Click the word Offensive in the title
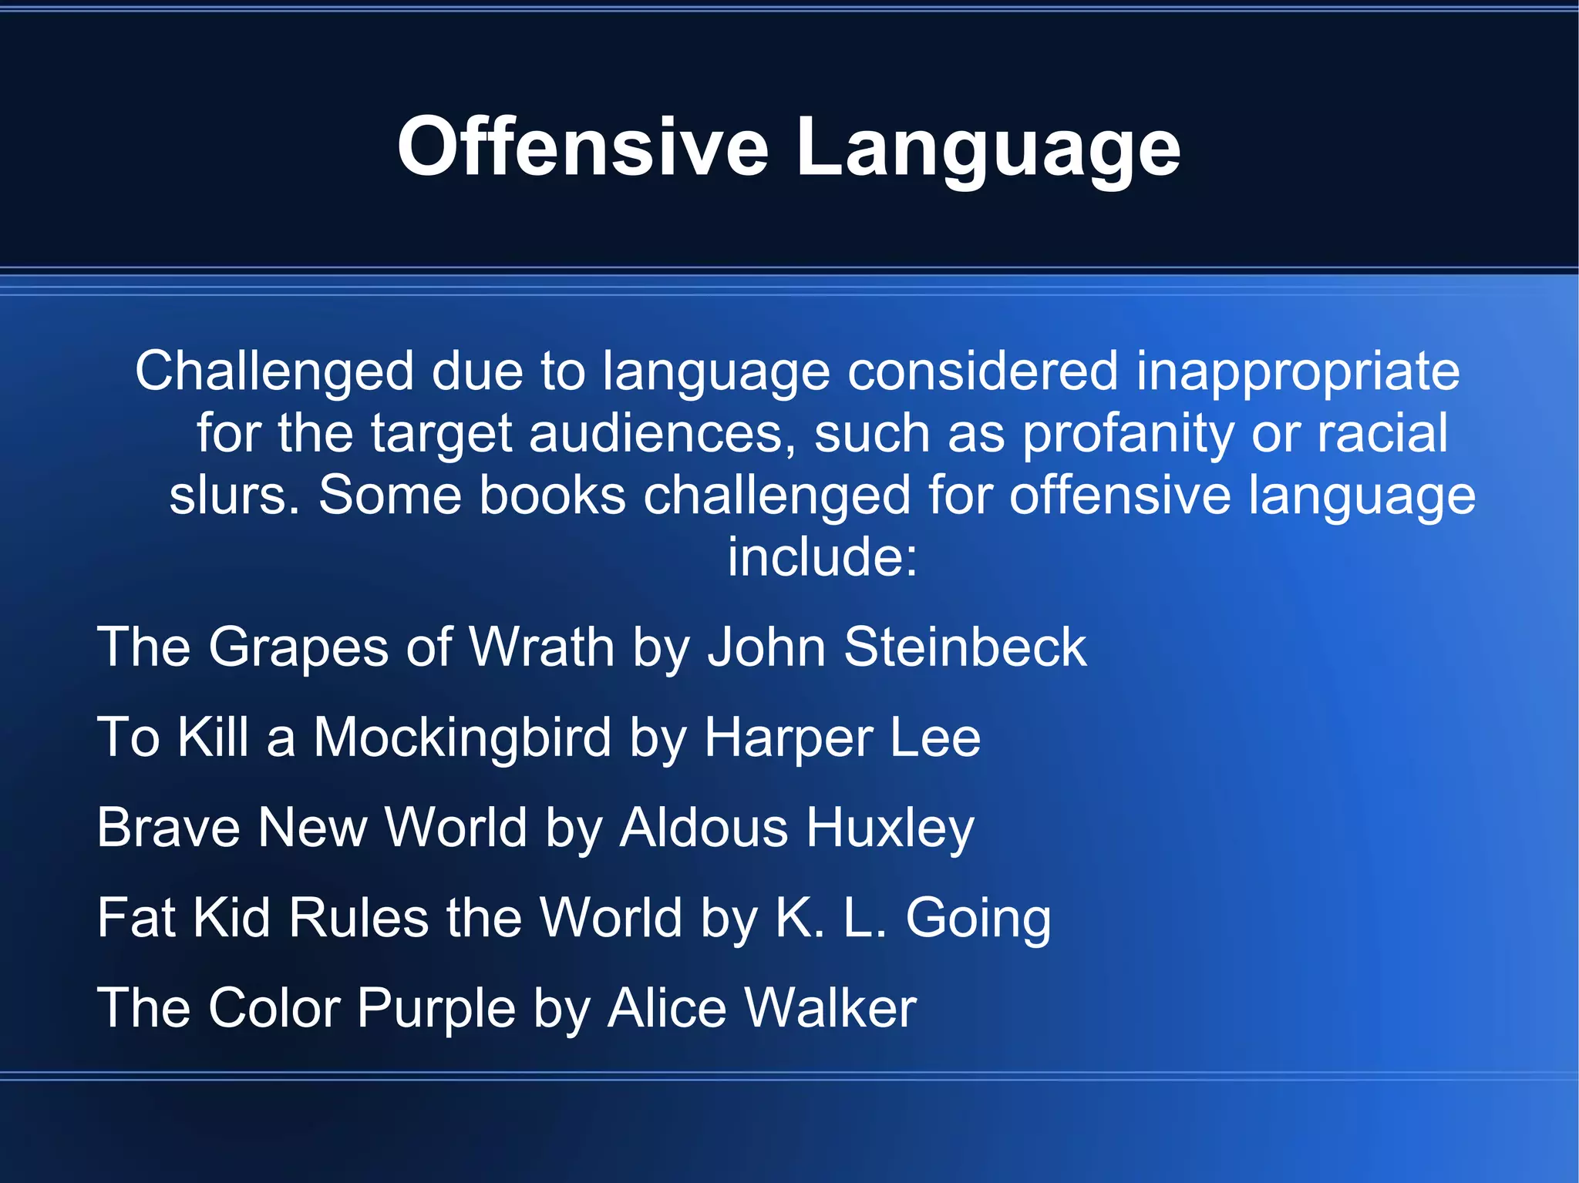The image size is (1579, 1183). tap(583, 146)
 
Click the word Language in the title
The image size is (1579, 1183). tap(988, 146)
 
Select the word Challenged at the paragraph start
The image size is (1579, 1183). tap(274, 371)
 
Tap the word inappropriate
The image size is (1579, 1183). tap(1298, 371)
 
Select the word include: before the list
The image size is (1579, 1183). tap(823, 556)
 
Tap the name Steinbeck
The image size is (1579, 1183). tap(965, 647)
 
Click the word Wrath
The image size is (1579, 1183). tap(541, 647)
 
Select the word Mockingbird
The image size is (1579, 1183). tap(463, 738)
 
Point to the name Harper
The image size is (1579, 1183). tap(788, 738)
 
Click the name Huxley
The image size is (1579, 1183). tap(891, 828)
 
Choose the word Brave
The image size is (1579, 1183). tap(168, 828)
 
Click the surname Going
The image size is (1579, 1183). tap(978, 918)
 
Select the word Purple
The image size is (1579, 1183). tap(436, 1008)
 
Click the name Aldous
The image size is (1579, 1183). tap(704, 828)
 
